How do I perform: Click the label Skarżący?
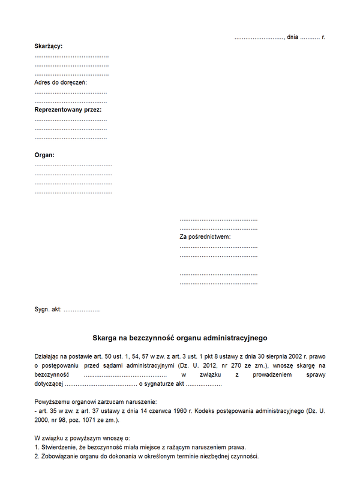[x=49, y=46]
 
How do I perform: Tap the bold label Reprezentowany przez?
[x=68, y=110]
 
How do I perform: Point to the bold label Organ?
[x=44, y=155]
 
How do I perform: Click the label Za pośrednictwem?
[x=205, y=237]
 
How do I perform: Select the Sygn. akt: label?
[x=49, y=310]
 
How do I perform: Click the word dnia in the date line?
[x=293, y=37]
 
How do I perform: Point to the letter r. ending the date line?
[x=323, y=37]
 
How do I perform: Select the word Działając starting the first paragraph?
[x=49, y=356]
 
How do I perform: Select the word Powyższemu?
[x=52, y=401]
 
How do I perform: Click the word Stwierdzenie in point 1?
[x=59, y=448]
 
